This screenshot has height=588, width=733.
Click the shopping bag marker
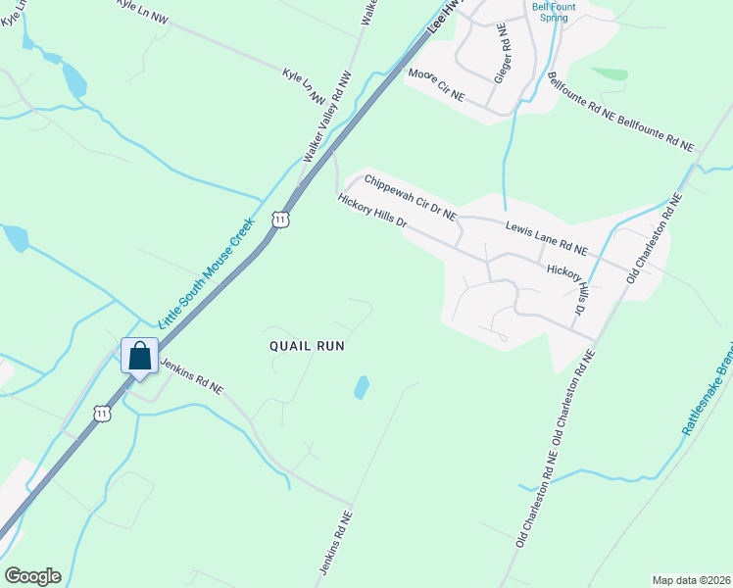pos(139,356)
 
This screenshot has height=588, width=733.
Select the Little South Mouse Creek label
pos(207,271)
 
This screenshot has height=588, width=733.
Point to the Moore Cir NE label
pos(436,87)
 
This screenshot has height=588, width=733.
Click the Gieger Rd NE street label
pos(503,57)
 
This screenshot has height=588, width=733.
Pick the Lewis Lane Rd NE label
pos(546,238)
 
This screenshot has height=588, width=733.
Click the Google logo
pos(32,576)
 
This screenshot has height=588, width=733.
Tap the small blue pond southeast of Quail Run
pos(362,387)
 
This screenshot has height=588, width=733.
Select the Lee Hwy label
pos(444,20)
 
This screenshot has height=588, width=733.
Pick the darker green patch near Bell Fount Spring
pos(611,73)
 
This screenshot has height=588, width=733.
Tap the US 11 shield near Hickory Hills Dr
pos(281,220)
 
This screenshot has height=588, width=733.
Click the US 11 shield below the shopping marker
pos(102,414)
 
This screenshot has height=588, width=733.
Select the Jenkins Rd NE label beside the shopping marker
pos(191,375)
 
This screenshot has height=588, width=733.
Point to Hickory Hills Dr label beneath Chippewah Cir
pos(371,211)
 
